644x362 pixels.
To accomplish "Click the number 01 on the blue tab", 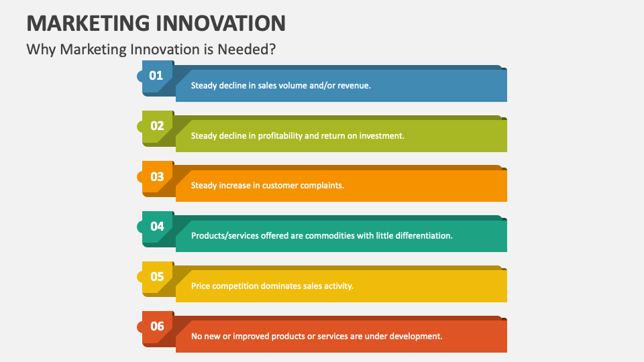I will pyautogui.click(x=156, y=76).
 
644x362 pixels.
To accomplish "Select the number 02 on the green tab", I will pyautogui.click(x=157, y=126).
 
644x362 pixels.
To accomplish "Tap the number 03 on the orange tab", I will pyautogui.click(x=157, y=177).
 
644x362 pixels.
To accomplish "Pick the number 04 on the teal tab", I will pyautogui.click(x=157, y=227).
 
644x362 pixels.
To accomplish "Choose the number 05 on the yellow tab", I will pyautogui.click(x=157, y=277).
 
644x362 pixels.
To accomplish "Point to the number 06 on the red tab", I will pyautogui.click(x=157, y=326).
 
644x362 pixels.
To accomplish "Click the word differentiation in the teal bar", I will pyautogui.click(x=423, y=236).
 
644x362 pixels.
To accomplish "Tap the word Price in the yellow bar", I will pyautogui.click(x=201, y=286).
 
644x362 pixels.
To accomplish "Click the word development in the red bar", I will pyautogui.click(x=417, y=336).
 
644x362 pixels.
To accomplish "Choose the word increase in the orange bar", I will pyautogui.click(x=235, y=186).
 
